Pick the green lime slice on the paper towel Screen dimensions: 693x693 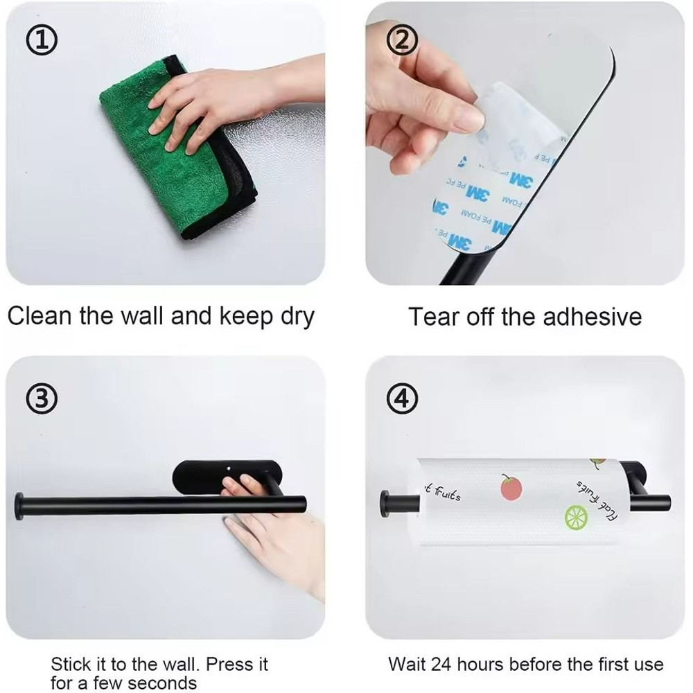click(x=576, y=516)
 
